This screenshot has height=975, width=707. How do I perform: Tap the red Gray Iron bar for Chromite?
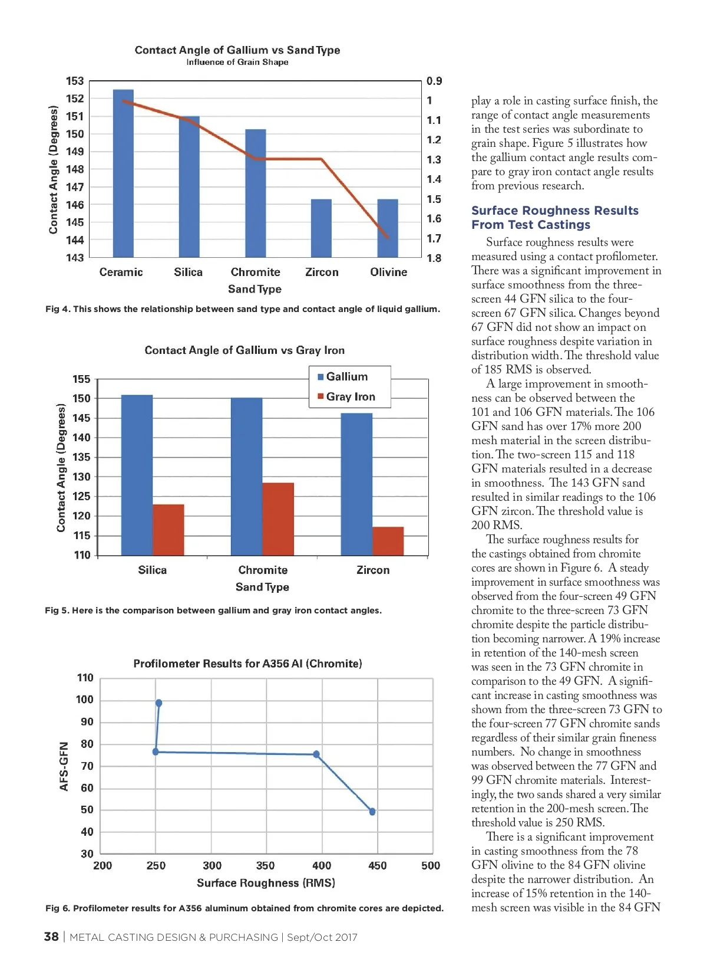278,519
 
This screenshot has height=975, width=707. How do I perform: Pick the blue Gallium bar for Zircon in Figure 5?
356,484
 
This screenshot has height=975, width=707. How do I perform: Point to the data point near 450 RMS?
372,812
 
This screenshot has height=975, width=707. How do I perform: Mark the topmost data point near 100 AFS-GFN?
158,703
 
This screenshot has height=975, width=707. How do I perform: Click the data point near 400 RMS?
316,754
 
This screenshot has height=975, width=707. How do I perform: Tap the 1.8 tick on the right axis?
434,258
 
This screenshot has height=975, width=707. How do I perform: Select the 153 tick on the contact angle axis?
75,81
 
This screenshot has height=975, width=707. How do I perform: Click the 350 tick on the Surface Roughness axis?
265,865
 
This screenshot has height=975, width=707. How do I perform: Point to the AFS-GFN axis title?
64,766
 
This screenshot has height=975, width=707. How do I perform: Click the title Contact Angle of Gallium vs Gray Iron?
245,350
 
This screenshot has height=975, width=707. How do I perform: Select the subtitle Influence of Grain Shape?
237,63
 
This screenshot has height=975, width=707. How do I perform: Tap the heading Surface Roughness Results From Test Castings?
554,218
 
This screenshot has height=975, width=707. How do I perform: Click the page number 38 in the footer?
51,937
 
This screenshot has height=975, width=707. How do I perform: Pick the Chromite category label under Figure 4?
255,272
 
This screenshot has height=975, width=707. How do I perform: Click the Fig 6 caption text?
244,908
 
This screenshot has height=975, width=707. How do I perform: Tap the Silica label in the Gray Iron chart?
152,570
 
